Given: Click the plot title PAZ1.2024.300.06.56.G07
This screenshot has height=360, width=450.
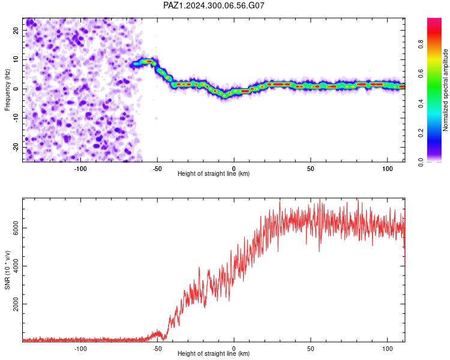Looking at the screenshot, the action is coord(214,5).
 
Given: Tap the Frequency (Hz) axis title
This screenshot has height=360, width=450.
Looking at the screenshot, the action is coord(7,90).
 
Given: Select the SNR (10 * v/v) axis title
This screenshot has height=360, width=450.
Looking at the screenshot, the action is coord(7,270).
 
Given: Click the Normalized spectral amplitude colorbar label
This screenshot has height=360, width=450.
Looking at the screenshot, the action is coord(445,90).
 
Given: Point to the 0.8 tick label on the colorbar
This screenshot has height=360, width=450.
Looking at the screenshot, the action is coord(421,44).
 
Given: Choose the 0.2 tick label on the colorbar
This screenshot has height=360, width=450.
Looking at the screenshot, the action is coord(421,133).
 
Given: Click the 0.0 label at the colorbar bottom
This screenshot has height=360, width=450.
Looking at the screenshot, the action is coord(421,162).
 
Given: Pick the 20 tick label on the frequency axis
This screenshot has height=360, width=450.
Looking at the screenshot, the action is coord(16,31).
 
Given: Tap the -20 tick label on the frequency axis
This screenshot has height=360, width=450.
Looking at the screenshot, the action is coord(16,148).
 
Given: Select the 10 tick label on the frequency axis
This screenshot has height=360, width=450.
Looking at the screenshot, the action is coord(16,59).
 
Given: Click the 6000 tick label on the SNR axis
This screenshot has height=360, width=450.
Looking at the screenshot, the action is coord(16,228).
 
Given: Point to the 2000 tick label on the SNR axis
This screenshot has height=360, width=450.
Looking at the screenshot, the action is coord(16,304).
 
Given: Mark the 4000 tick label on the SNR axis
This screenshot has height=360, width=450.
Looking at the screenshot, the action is coord(16,266).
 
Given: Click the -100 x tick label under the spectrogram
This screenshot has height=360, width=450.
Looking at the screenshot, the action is coord(80,169).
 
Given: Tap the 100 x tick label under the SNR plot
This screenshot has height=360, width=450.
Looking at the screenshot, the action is coord(388,349).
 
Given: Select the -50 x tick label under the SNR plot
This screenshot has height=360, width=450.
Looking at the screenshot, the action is coord(157,349).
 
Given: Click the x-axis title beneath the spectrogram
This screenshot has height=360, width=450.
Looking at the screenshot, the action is coord(214,173).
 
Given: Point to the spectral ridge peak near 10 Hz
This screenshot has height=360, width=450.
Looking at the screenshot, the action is coord(148,61).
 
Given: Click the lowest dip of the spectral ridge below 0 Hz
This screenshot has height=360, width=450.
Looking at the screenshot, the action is coord(225,94).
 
